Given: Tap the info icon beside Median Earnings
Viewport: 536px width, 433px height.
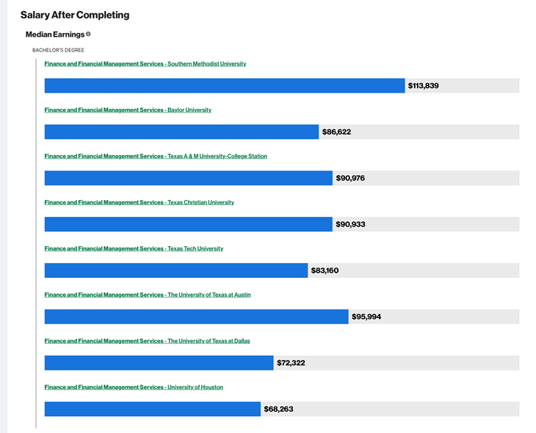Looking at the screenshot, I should pos(88,34).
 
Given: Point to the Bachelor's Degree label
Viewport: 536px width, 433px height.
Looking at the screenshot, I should pos(58,50).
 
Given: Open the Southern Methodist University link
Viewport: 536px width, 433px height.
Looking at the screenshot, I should pos(145,64).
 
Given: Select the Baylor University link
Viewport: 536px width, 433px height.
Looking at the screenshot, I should pos(128,110).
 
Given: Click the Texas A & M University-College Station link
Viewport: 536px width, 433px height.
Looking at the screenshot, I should pos(156,157).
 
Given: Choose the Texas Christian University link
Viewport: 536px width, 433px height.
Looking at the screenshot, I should pos(139,202).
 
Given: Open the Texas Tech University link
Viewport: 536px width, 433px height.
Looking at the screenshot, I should pos(134,248).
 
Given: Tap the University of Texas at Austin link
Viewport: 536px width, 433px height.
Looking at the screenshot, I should pos(148,295).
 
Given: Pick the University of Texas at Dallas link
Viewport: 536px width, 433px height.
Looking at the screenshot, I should pos(147,341).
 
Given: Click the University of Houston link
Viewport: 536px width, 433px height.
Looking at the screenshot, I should pos(134,387).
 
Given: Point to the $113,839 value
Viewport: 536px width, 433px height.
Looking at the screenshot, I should pos(424,86).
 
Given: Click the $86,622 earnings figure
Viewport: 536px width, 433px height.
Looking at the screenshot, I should pos(336,132).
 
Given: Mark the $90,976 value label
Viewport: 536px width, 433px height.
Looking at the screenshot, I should pos(350,178).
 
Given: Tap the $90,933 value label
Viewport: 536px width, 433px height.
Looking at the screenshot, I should pos(350,224).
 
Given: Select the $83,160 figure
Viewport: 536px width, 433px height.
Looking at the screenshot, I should pos(325,271).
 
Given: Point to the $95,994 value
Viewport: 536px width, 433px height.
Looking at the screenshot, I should pos(366,317).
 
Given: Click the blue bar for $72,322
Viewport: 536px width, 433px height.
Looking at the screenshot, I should pos(159,363).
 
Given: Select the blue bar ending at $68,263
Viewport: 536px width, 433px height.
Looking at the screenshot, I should pos(152,409).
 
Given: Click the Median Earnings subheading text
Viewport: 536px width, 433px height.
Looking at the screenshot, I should pos(54,35).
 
